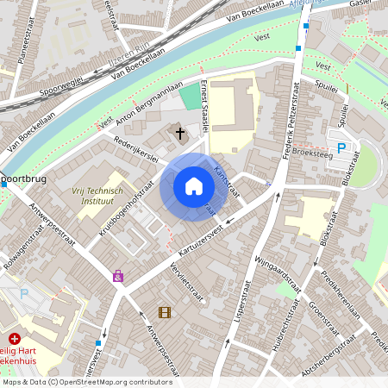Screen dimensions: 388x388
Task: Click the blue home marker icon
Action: click(x=194, y=186)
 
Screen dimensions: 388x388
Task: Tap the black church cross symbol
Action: click(x=180, y=133)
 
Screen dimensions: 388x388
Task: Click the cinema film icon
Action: click(x=164, y=312)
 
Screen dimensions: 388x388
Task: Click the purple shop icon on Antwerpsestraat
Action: click(x=118, y=277)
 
